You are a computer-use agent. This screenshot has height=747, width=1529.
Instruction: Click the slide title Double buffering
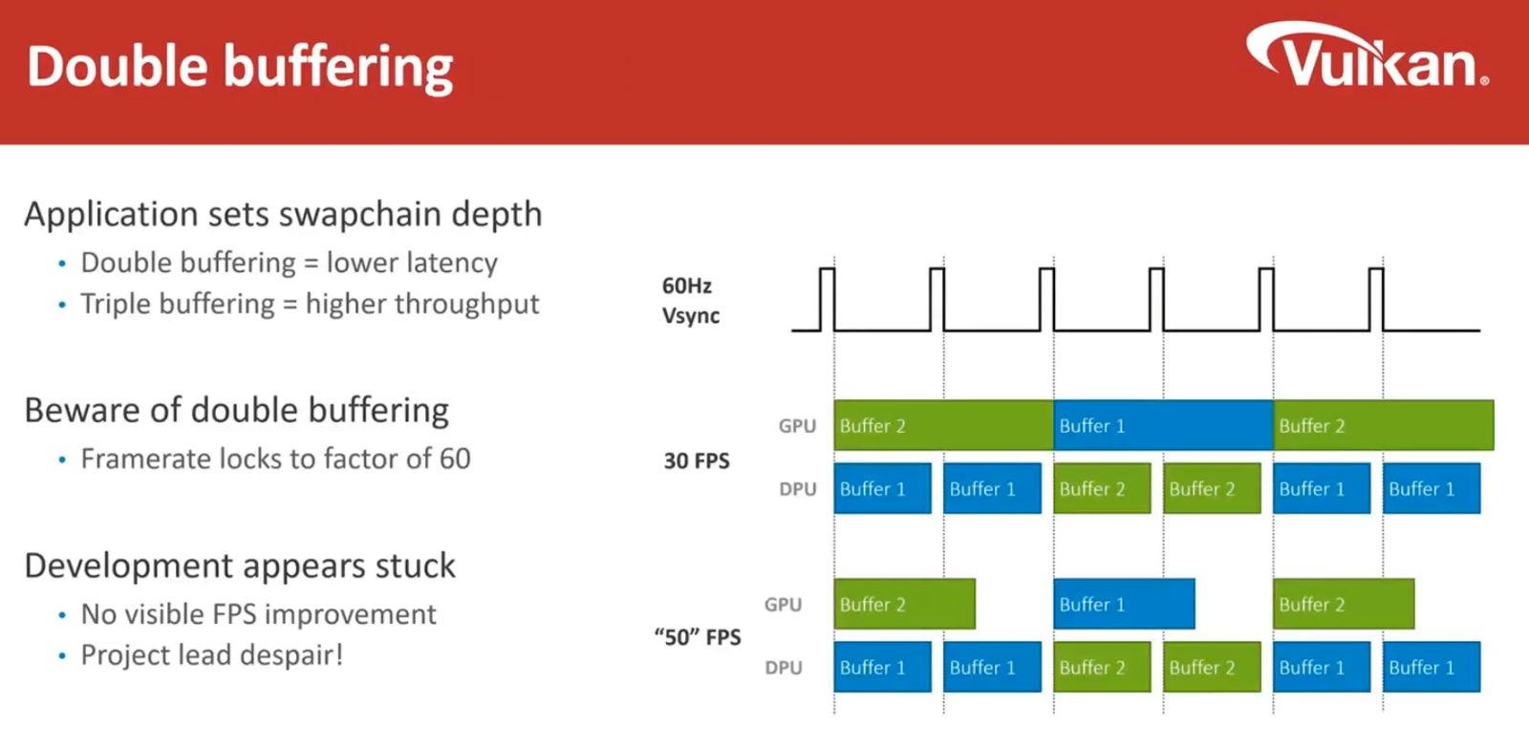coord(240,68)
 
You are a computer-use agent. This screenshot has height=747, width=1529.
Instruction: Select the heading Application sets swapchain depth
coord(283,214)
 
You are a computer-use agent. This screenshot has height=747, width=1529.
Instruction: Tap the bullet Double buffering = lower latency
coord(289,263)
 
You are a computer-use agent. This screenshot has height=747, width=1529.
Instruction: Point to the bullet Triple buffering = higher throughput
coord(310,304)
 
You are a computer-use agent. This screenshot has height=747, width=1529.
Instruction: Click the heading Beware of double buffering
coord(236,410)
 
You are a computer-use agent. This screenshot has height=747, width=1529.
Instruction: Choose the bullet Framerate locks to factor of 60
coord(275,459)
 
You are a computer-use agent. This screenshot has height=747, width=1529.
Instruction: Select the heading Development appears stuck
coord(240,566)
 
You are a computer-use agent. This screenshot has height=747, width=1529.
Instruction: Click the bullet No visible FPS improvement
coord(258,614)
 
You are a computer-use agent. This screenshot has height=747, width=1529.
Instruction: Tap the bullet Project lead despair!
coord(211,655)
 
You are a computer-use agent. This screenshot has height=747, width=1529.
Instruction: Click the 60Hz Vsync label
coord(690,300)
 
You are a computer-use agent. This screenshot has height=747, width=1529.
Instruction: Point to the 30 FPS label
coord(697,460)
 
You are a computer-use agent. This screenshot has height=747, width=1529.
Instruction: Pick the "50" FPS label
coord(698,637)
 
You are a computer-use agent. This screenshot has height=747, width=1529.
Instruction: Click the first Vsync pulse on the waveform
coord(827,299)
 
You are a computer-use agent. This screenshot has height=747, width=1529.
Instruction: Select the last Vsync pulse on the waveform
coord(1376,299)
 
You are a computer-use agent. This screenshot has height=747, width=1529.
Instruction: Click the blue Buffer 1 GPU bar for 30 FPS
coord(1163,425)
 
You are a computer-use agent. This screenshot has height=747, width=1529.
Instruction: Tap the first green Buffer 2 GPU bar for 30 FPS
coord(943,425)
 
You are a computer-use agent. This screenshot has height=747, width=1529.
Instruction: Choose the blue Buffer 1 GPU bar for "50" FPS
coord(1124,604)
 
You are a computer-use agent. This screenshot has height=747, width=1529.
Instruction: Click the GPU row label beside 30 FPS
coord(797,426)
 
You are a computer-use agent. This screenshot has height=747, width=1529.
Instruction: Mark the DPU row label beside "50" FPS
coord(784,668)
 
